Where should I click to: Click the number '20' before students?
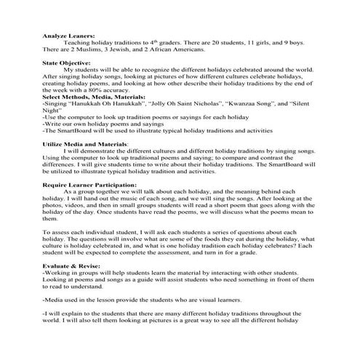(198, 41)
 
